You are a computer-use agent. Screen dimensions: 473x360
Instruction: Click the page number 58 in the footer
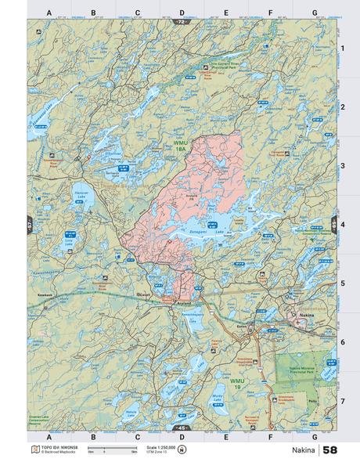click(x=330, y=451)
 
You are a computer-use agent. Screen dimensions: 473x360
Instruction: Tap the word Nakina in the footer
click(x=302, y=451)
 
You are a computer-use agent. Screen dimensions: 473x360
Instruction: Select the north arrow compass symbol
click(x=182, y=450)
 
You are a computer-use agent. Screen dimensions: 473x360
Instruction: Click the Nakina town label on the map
click(x=306, y=315)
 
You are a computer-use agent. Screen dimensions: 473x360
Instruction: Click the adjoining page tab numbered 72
click(x=182, y=22)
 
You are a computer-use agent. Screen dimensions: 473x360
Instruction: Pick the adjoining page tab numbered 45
click(x=182, y=428)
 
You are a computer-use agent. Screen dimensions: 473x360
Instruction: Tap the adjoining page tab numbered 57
click(x=30, y=222)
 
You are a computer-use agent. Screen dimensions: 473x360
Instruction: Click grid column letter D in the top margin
click(x=182, y=13)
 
